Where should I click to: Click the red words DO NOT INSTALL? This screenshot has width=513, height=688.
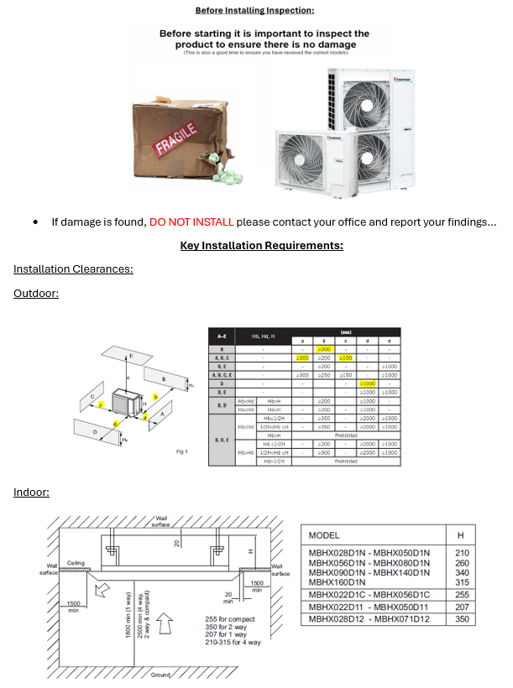[192, 222]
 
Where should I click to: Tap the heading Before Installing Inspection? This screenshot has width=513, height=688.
[254, 10]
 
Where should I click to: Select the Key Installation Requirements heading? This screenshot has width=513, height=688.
[261, 246]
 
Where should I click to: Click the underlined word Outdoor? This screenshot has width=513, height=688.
[36, 293]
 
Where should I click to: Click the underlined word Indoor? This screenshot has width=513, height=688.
[31, 492]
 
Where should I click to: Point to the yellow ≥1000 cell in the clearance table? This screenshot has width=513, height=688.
[366, 383]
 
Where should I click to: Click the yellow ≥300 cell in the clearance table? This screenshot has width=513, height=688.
[303, 358]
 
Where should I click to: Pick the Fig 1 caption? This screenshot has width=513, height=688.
[181, 451]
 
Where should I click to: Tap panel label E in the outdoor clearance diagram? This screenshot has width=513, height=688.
[131, 356]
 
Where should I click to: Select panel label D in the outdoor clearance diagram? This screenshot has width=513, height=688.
[93, 431]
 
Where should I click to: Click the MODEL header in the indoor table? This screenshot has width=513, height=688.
[325, 534]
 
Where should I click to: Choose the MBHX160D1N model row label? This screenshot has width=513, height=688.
[337, 581]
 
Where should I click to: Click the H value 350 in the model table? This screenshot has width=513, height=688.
[462, 619]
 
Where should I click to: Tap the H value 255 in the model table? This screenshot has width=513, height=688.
[462, 594]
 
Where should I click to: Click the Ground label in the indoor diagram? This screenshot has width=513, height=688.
[161, 675]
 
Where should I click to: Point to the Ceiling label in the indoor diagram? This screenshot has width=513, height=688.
[76, 563]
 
